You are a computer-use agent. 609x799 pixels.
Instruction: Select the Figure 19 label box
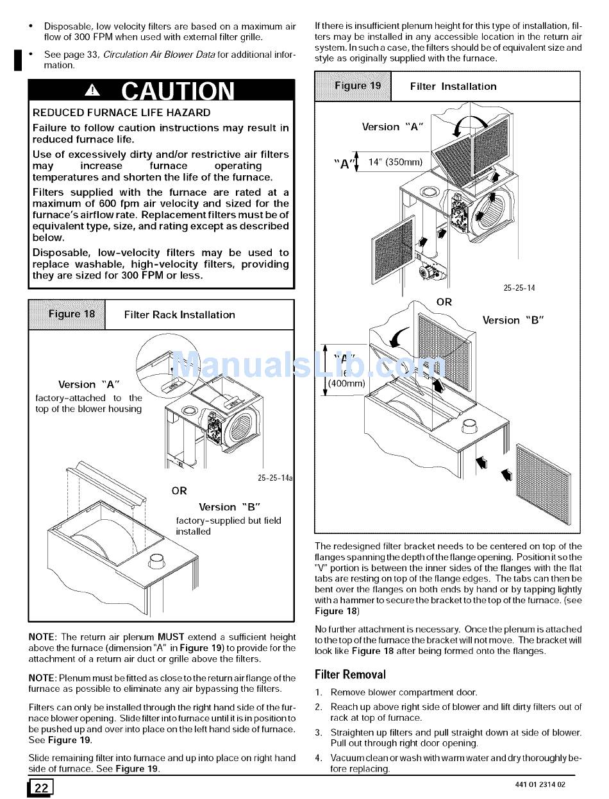point(353,86)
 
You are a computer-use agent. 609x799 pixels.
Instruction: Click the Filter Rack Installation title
point(179,315)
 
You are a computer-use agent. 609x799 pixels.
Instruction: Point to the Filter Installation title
point(453,87)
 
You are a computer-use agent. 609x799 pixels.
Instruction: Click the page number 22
point(40,787)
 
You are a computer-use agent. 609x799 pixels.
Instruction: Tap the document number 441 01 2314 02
point(540,785)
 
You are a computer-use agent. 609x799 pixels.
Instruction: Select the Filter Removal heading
point(350,674)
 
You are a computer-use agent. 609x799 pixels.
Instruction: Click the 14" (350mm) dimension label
point(396,162)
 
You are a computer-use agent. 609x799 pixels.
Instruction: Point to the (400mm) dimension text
point(346,384)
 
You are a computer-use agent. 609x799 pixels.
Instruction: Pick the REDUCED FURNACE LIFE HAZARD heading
point(121,113)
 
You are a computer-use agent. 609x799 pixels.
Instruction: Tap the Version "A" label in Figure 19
point(392,127)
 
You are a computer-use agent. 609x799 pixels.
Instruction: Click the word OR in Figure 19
point(444,302)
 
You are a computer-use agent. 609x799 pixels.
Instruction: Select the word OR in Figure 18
point(179,491)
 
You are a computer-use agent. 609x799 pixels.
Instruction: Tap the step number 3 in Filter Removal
point(318,732)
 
